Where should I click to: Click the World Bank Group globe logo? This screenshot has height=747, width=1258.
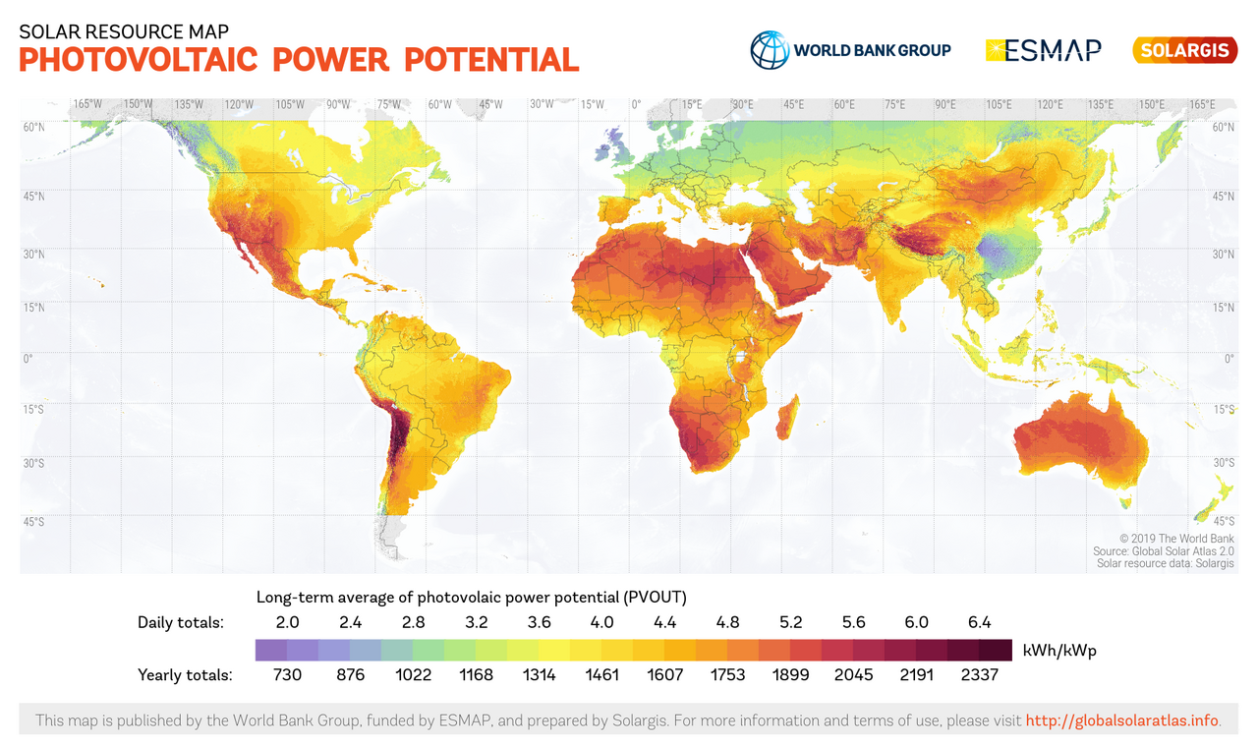tap(770, 49)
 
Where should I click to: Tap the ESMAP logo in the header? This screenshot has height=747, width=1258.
tap(1044, 49)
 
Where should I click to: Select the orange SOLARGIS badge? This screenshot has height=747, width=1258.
tap(1184, 50)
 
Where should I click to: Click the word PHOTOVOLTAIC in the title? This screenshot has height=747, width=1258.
tap(138, 60)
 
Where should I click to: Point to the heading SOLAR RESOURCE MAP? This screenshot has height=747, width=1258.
tap(124, 29)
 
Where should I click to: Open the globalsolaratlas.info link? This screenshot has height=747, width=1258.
tap(1122, 720)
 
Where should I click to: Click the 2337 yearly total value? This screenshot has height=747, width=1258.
tap(979, 675)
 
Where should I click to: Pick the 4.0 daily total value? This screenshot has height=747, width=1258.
tap(601, 622)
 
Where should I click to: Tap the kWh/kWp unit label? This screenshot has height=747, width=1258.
tap(1059, 651)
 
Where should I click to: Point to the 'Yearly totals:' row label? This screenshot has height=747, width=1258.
tap(185, 675)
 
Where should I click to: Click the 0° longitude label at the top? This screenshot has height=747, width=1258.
tap(636, 104)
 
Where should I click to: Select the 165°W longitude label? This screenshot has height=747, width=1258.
tap(87, 104)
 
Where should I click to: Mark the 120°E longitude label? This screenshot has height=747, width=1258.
tap(1049, 104)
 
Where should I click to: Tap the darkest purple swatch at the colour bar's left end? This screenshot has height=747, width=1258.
tap(270, 650)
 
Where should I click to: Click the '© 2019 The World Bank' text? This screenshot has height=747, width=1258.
tap(1176, 539)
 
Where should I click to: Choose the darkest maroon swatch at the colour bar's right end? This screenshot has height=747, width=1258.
tap(996, 650)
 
